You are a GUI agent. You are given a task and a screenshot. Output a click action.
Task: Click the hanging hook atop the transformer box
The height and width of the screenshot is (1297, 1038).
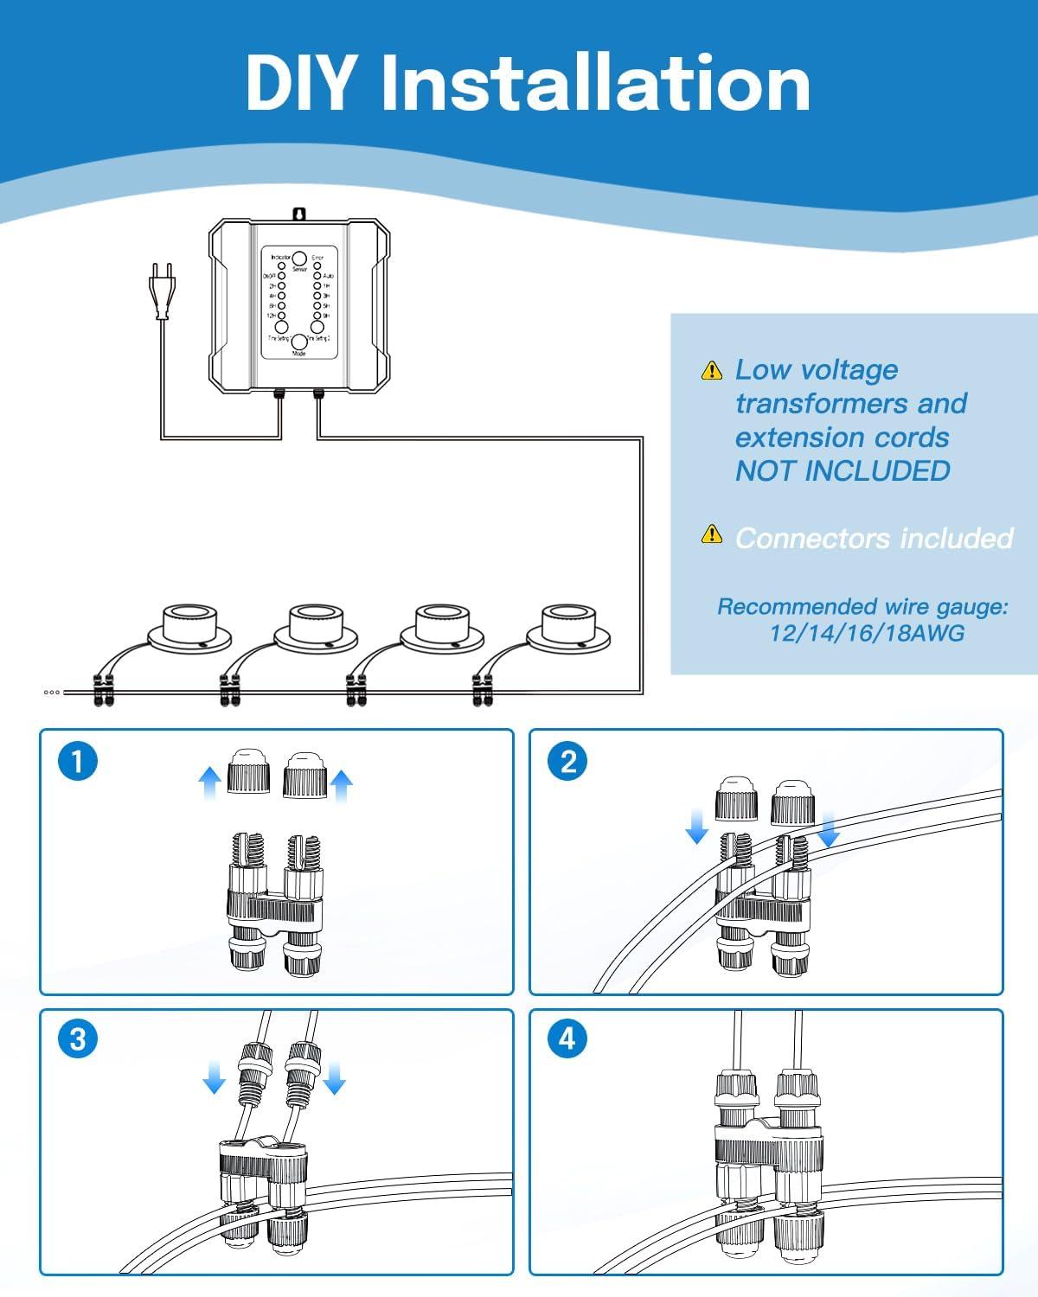coord(299,213)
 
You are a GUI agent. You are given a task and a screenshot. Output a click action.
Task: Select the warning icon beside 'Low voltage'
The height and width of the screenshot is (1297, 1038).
coord(711,371)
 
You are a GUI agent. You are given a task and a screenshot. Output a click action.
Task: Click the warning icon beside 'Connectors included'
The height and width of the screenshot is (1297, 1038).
coord(711,534)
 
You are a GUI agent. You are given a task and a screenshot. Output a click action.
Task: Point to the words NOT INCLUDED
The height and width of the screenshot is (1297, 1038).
coord(843,471)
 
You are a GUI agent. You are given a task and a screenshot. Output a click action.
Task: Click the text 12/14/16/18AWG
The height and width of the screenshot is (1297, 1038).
coord(867,634)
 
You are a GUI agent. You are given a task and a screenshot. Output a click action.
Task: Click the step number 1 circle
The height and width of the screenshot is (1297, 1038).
coord(78,762)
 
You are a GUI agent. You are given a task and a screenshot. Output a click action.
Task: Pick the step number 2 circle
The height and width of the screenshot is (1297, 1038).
coord(567,762)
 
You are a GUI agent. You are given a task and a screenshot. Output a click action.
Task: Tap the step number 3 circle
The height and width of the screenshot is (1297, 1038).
coord(78,1038)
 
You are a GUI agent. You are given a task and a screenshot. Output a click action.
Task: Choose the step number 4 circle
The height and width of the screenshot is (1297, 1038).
coord(567,1038)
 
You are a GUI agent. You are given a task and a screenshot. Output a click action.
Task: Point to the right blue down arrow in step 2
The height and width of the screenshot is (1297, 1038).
coord(829,829)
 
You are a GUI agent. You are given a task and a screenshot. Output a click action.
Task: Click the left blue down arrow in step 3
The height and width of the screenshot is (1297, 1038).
coord(214,1077)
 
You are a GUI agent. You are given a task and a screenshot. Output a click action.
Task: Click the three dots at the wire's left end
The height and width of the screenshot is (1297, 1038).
coord(52,692)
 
